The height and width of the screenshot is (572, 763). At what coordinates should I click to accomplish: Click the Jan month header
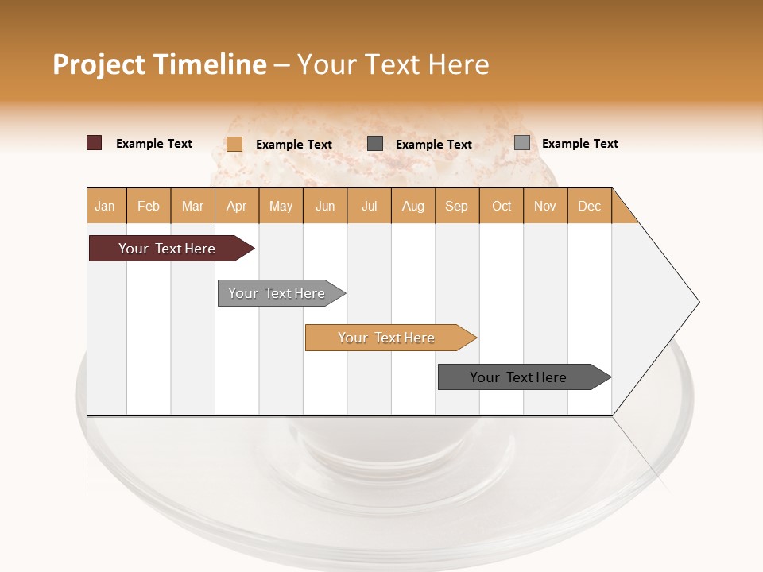tap(106, 206)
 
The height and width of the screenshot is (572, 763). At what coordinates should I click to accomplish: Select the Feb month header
tap(149, 206)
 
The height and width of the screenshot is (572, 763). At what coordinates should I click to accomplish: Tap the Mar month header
tap(192, 206)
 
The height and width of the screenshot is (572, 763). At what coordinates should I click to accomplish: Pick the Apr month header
tap(237, 206)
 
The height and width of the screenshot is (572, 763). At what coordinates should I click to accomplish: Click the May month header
tap(281, 206)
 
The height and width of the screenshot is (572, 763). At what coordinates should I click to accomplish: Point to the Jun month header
tap(325, 206)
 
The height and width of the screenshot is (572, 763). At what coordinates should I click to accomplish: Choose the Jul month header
tap(369, 206)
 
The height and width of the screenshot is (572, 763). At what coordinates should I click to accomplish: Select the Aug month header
tap(413, 206)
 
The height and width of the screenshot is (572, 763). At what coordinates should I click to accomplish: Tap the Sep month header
tap(457, 206)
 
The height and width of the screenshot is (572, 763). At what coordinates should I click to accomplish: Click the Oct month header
tap(502, 206)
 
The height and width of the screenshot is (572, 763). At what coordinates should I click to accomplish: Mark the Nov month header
tap(545, 206)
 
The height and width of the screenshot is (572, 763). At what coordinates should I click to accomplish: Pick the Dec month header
tap(590, 206)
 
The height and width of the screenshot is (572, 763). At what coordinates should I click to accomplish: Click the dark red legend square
tap(95, 143)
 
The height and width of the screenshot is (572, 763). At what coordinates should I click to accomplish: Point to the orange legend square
tap(234, 144)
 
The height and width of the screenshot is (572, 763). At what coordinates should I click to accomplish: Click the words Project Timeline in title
tap(160, 64)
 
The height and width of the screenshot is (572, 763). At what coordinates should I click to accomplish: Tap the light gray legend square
tap(522, 143)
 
